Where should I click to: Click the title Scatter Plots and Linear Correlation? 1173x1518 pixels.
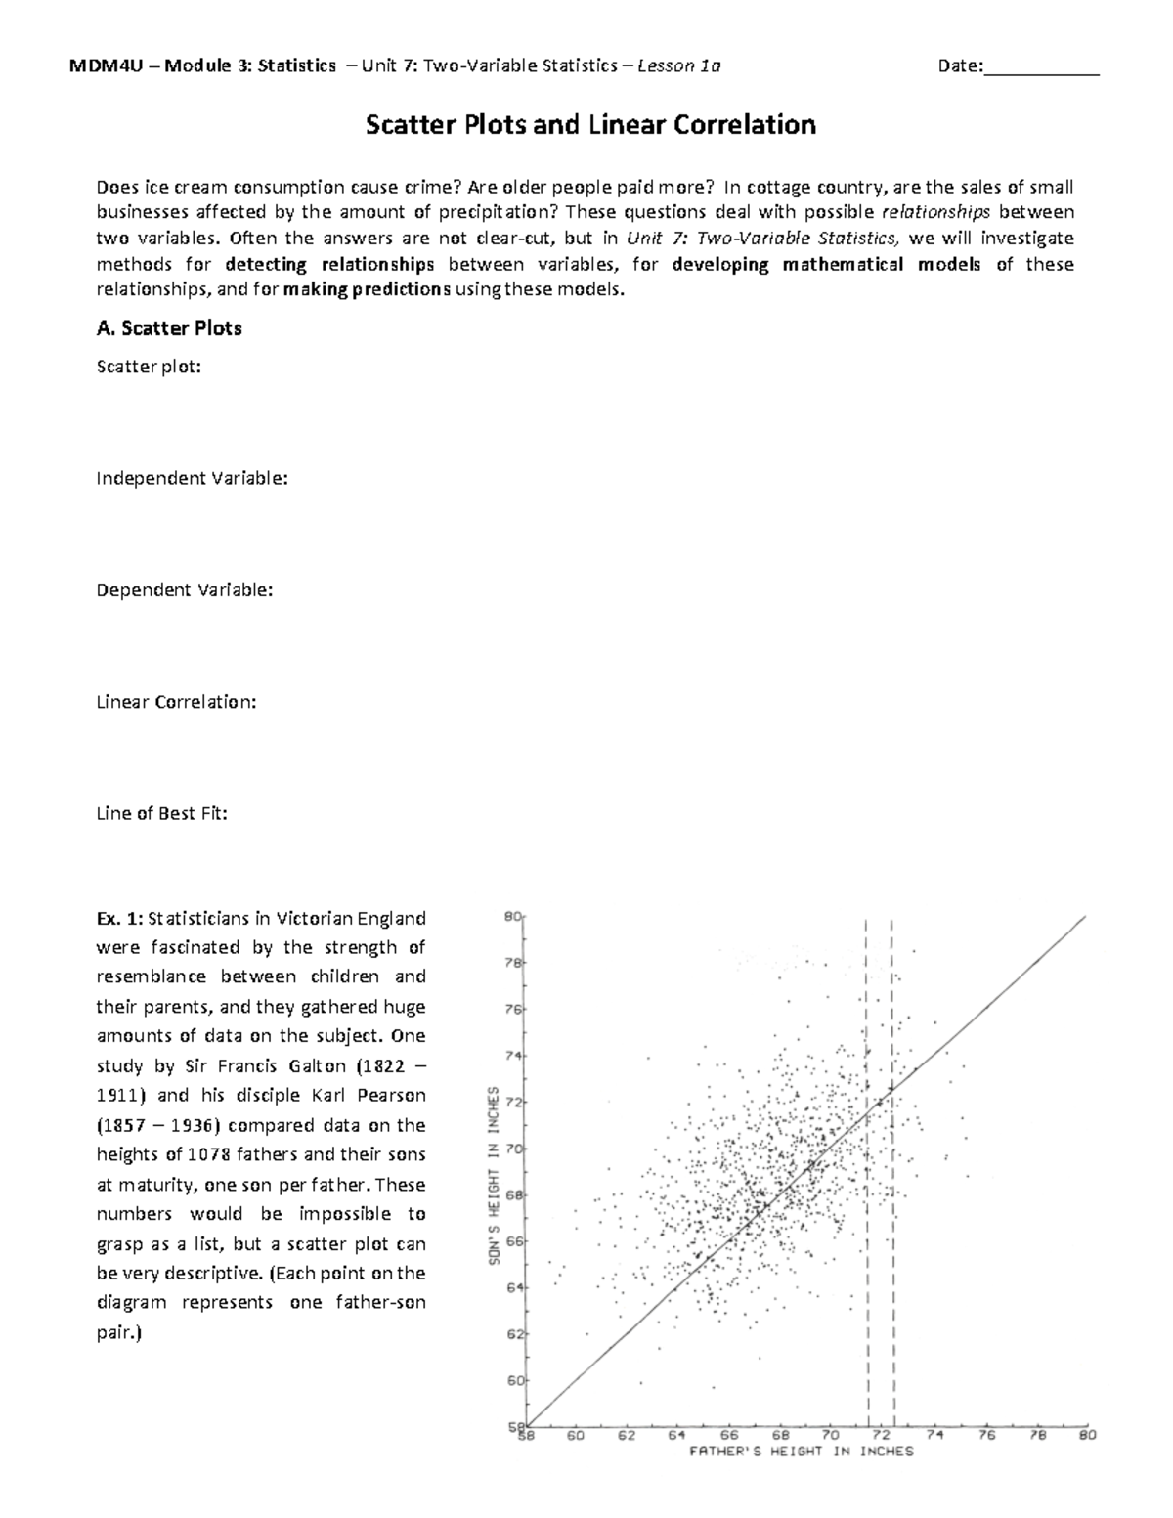tap(589, 125)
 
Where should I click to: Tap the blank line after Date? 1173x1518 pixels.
tap(1042, 67)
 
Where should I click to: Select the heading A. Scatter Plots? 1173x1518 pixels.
tap(168, 328)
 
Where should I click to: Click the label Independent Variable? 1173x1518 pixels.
tap(192, 478)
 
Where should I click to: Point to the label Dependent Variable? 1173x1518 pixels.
tap(184, 589)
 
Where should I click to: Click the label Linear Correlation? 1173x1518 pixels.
tap(176, 701)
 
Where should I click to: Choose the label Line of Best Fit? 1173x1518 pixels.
tap(161, 812)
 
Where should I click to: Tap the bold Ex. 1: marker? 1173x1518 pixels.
tap(119, 918)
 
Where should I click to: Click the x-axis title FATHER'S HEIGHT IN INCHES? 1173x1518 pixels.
tap(801, 1452)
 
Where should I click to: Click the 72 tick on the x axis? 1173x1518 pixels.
tap(882, 1435)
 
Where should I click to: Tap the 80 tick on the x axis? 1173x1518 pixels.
tap(1086, 1435)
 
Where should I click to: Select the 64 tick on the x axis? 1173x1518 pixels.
tap(676, 1435)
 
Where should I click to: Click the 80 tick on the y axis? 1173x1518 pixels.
tap(511, 917)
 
